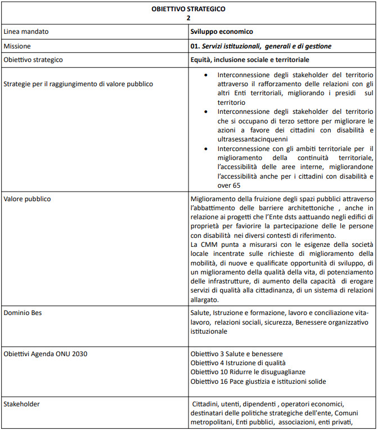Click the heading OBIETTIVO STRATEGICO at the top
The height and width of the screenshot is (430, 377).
188,8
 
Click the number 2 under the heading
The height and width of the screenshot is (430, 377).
188,17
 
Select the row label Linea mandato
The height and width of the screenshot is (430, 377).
26,32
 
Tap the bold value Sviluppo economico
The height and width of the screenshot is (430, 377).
222,32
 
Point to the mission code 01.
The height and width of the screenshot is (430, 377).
196,46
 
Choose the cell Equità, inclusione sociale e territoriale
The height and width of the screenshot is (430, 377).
250,59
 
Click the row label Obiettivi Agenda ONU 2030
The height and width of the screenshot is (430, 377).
46,353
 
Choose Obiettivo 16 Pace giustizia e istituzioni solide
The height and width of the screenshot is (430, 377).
258,382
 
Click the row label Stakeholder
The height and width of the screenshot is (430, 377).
22,404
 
